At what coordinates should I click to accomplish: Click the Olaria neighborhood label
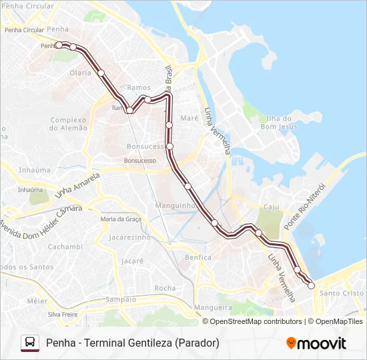[x=80, y=73]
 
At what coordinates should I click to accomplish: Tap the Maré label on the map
[x=190, y=117]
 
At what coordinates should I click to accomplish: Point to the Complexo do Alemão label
[x=69, y=123]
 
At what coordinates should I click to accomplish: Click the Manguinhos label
[x=175, y=205]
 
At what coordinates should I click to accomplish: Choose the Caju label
[x=271, y=207]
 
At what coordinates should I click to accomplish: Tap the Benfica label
[x=198, y=257]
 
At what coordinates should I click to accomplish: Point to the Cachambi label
[x=65, y=247]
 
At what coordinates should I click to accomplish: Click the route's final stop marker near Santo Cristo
[x=311, y=285]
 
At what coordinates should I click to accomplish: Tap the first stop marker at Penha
[x=59, y=45]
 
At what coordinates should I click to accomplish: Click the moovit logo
[x=316, y=343]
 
